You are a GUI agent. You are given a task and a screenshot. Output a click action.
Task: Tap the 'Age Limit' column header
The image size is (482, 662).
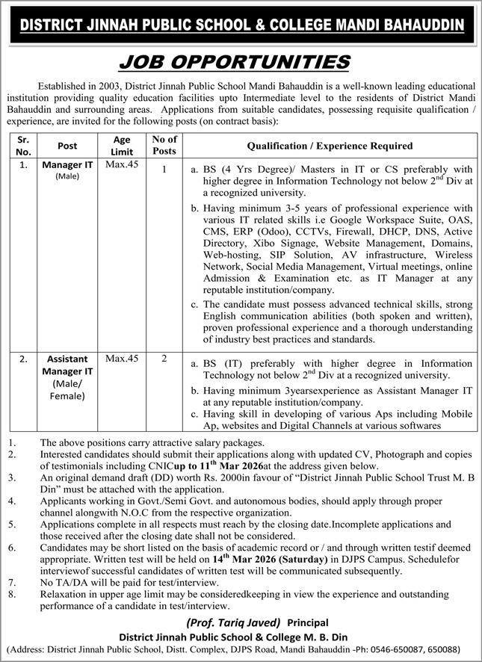122,145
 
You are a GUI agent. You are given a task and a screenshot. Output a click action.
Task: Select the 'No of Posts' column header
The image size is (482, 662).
164,145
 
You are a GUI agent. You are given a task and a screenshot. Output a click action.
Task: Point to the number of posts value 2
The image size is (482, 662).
164,359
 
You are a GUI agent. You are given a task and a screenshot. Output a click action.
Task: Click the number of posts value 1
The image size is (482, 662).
164,170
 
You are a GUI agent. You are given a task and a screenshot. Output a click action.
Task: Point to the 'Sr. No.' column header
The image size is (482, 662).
25,145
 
